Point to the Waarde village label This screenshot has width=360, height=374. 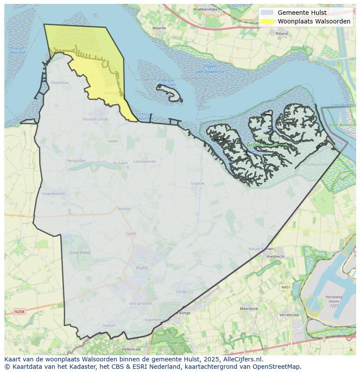pyautogui.click(x=159, y=28)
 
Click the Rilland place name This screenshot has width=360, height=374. pyautogui.click(x=282, y=33)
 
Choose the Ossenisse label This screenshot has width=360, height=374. pyautogui.click(x=60, y=83)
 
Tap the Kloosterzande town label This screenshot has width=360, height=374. pyautogui.click(x=95, y=119)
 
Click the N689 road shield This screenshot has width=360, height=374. pyautogui.click(x=113, y=141)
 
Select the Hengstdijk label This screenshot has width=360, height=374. pyautogui.click(x=76, y=160)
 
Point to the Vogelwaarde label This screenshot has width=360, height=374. pyautogui.click(x=54, y=194)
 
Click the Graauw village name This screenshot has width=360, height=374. pyautogui.click(x=197, y=183)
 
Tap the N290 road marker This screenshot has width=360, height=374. pyautogui.click(x=131, y=234)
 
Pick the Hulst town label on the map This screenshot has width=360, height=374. pyautogui.click(x=142, y=268)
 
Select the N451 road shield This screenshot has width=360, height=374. pyautogui.click(x=286, y=287)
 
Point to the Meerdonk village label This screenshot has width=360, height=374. pyautogui.click(x=249, y=309)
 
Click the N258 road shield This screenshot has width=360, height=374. pyautogui.click(x=19, y=311)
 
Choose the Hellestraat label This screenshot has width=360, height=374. pyautogui.click(x=131, y=349)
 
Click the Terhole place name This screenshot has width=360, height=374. pyautogui.click(x=123, y=209)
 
